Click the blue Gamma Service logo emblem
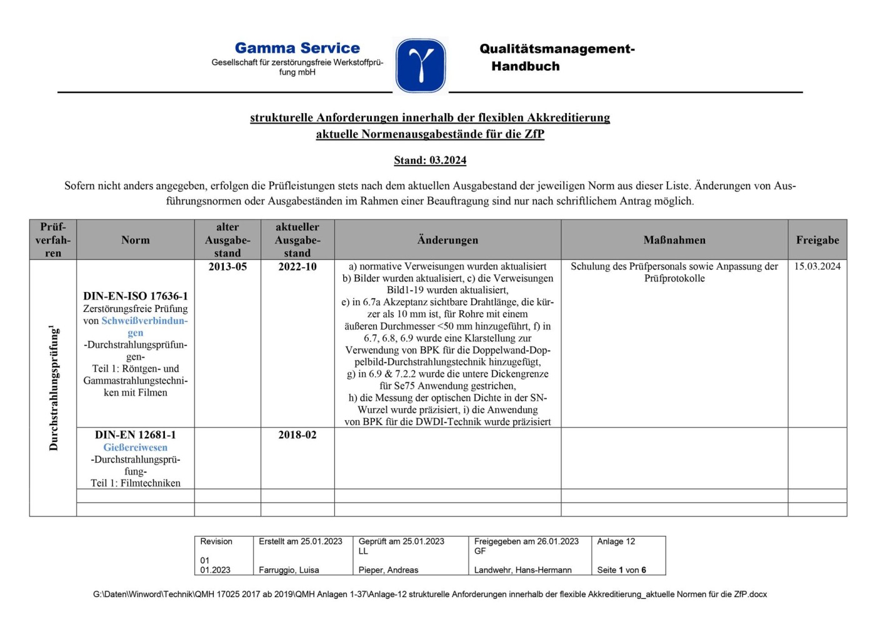[421, 65]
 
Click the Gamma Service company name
[297, 48]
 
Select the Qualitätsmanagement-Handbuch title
[556, 58]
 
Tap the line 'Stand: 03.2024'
[430, 161]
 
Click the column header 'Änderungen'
[447, 240]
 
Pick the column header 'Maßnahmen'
[674, 240]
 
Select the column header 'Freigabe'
[817, 240]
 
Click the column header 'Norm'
[136, 240]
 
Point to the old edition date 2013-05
[227, 267]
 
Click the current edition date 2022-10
[297, 267]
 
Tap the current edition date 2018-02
[297, 435]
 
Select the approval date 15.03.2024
[817, 266]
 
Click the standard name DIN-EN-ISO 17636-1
[136, 296]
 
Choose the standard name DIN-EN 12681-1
[136, 435]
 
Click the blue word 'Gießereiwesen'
[136, 448]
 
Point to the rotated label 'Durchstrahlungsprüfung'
[53, 388]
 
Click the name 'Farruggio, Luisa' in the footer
[289, 570]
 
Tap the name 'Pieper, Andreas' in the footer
[388, 570]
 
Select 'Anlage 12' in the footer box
[616, 541]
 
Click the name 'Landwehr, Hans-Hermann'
[522, 570]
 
